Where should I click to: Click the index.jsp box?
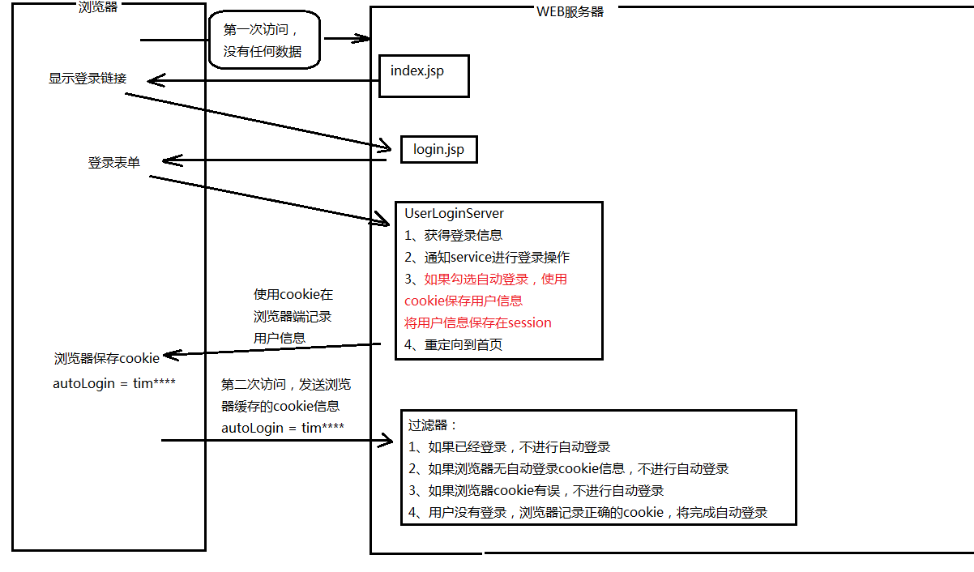coord(424,75)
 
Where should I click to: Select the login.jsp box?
coord(438,149)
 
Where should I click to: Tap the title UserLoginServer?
coord(454,214)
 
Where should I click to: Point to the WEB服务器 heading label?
coord(570,11)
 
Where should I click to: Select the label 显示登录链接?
coord(88,79)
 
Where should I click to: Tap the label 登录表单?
coord(113,163)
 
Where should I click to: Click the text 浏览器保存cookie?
coord(107,358)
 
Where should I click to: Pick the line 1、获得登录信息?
coord(453,236)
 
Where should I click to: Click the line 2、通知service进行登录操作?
coord(487,258)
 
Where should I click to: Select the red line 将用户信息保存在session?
coord(477,322)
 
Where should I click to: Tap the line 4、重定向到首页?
coord(453,344)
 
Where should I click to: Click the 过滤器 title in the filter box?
coord(433,425)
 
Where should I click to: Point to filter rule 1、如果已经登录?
coord(509,446)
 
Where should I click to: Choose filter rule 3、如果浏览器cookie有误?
coord(536,490)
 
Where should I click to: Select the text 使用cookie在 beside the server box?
coord(293,295)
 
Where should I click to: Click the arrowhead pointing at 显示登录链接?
coord(151,80)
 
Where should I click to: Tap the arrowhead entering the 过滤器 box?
coord(387,442)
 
